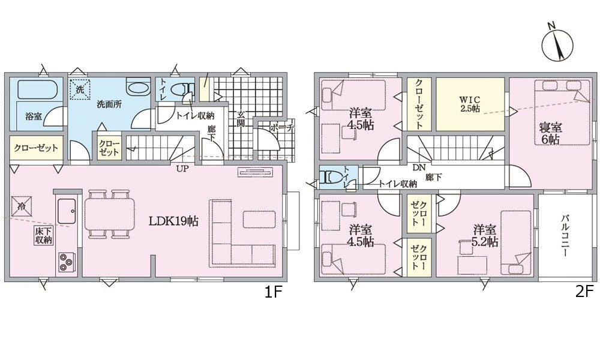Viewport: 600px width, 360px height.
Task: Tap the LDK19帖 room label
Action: point(174,220)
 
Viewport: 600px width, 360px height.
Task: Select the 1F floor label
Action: point(274,293)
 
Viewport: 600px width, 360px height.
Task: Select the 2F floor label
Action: point(584,293)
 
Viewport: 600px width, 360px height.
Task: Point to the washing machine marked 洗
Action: point(80,89)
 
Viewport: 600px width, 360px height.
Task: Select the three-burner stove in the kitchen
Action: point(66,261)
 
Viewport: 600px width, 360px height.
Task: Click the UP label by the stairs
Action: point(182,169)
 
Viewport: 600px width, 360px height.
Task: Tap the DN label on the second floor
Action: point(418,168)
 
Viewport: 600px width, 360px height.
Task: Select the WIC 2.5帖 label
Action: point(469,103)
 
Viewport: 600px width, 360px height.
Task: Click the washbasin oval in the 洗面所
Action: point(139,88)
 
